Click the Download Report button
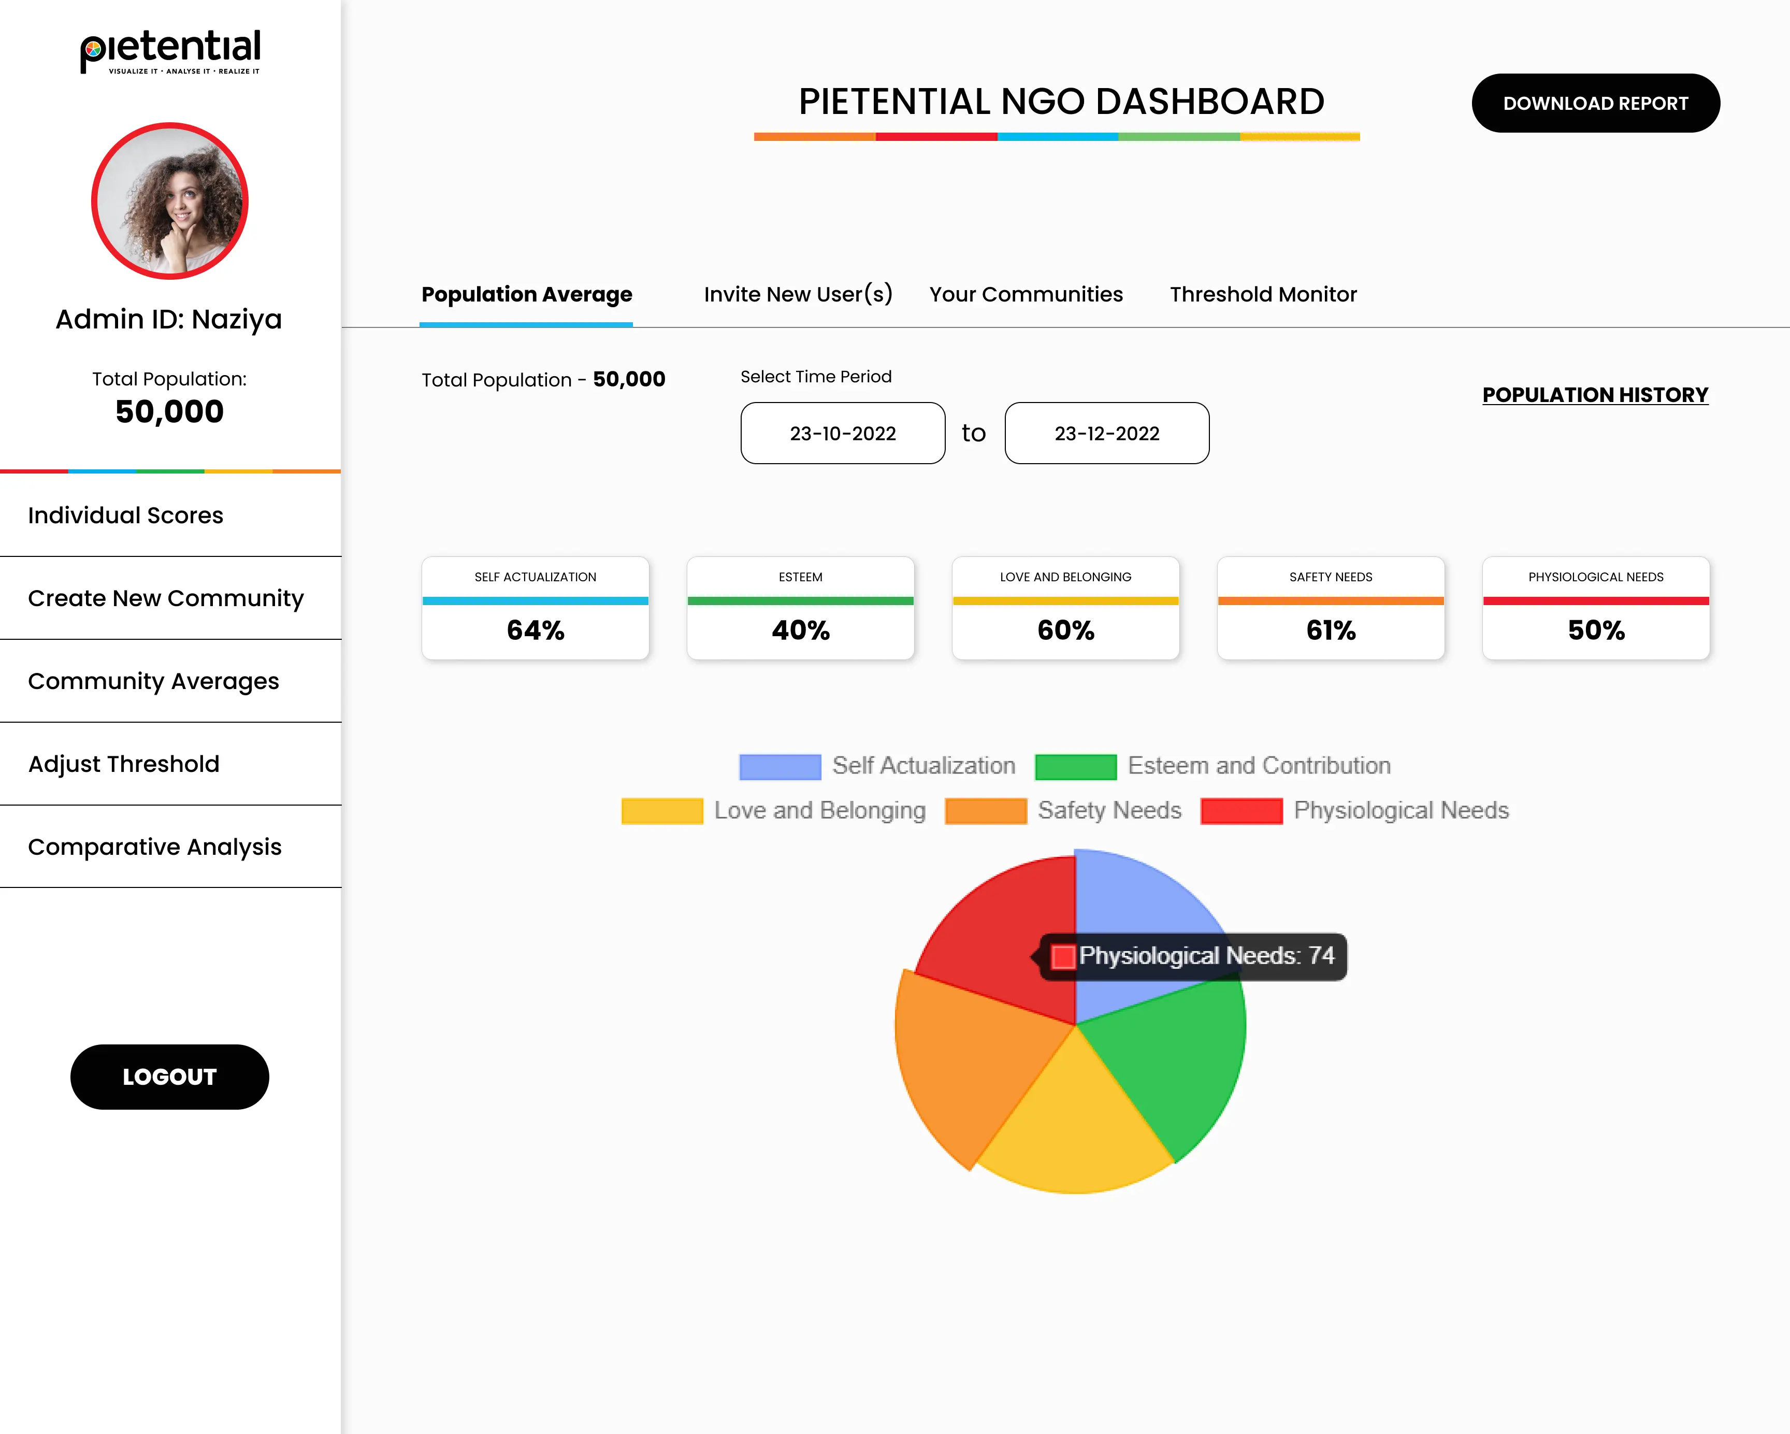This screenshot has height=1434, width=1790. (x=1595, y=103)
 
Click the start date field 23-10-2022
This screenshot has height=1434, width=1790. (x=843, y=434)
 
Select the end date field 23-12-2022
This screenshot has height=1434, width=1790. (x=1107, y=434)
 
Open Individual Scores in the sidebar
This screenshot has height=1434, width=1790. (x=125, y=515)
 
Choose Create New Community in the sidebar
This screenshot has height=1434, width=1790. (x=166, y=599)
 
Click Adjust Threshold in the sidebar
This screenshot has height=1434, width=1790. (x=124, y=764)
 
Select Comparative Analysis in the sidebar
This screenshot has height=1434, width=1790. (x=154, y=847)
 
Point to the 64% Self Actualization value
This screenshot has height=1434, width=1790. (x=536, y=630)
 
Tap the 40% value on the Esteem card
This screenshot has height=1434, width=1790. (x=800, y=630)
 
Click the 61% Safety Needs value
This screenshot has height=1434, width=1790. (x=1331, y=630)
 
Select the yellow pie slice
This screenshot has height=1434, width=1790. (x=1075, y=1129)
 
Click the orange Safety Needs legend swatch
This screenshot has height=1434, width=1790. (x=986, y=810)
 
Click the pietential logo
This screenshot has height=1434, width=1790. (x=170, y=51)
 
